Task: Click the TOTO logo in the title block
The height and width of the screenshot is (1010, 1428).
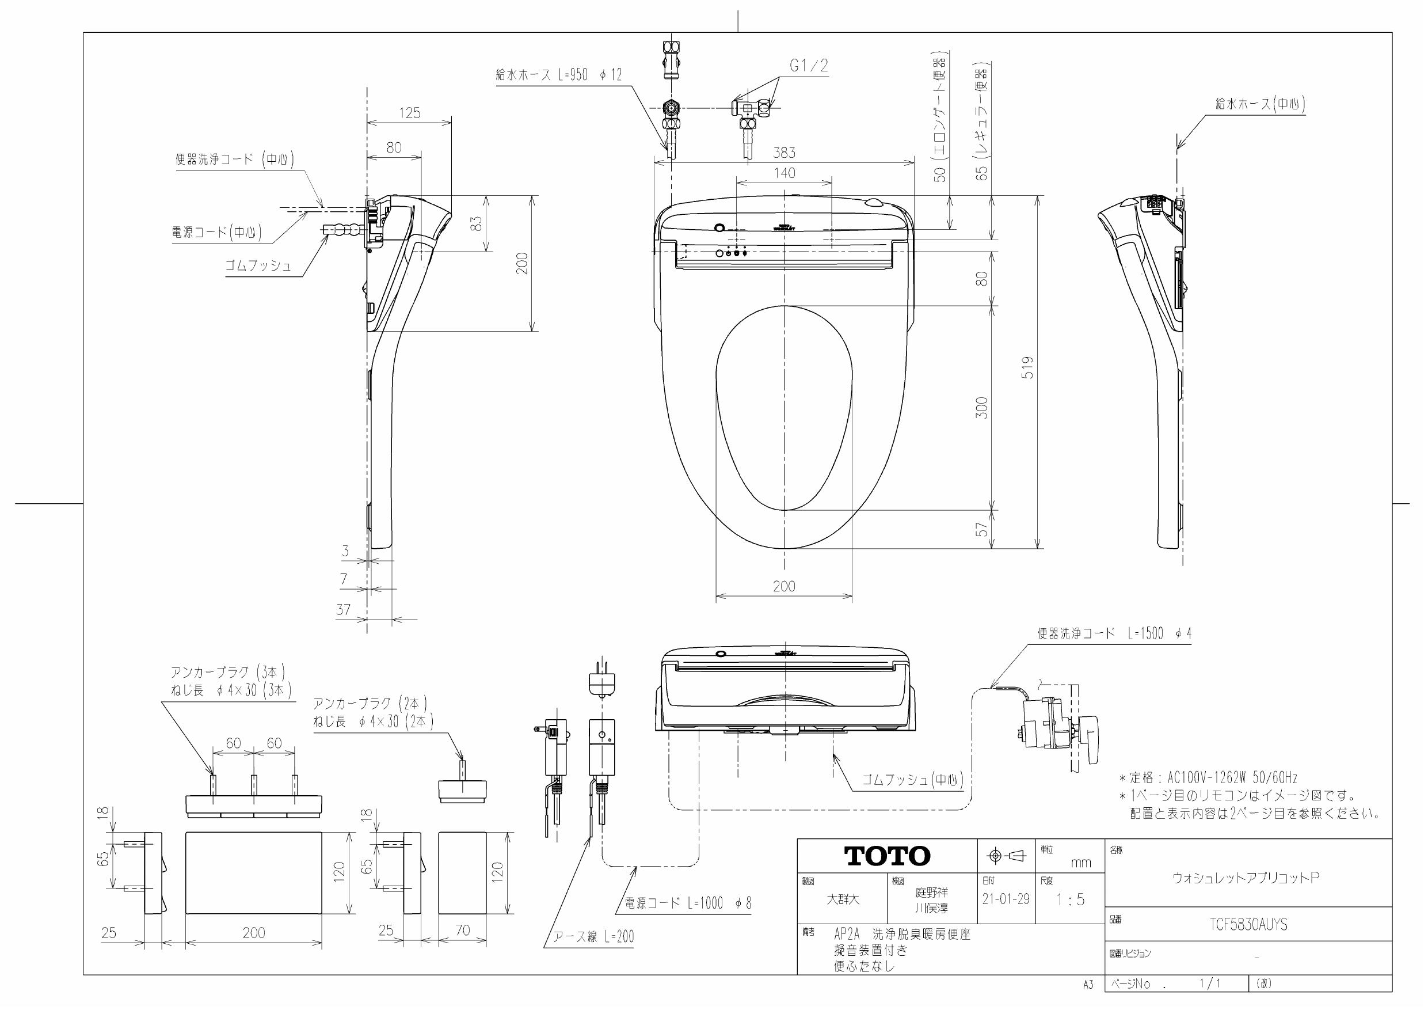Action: tap(887, 856)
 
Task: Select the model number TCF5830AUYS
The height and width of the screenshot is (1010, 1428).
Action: tap(1248, 925)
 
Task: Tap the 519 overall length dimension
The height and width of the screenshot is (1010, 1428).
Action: tap(1029, 368)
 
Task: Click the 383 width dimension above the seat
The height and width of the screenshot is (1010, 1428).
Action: tap(784, 153)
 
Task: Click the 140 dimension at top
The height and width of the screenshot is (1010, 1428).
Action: tap(784, 173)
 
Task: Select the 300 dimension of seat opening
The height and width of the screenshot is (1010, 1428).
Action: tap(981, 408)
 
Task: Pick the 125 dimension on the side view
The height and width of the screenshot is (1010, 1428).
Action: tap(409, 113)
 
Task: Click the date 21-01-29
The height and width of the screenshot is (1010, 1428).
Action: tap(1006, 899)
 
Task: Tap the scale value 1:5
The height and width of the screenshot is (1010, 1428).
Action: tap(1070, 899)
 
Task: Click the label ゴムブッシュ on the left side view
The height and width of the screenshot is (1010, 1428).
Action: tap(258, 265)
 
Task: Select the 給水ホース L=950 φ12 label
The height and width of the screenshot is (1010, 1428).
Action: tap(558, 75)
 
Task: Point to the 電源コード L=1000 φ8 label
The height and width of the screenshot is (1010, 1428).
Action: tap(688, 903)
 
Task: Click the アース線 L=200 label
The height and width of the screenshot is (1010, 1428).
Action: tap(593, 936)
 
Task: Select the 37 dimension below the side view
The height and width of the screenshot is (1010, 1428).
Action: tap(343, 609)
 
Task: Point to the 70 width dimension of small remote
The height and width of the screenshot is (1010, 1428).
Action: tap(462, 931)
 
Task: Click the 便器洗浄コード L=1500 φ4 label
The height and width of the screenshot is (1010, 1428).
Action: tap(1113, 634)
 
